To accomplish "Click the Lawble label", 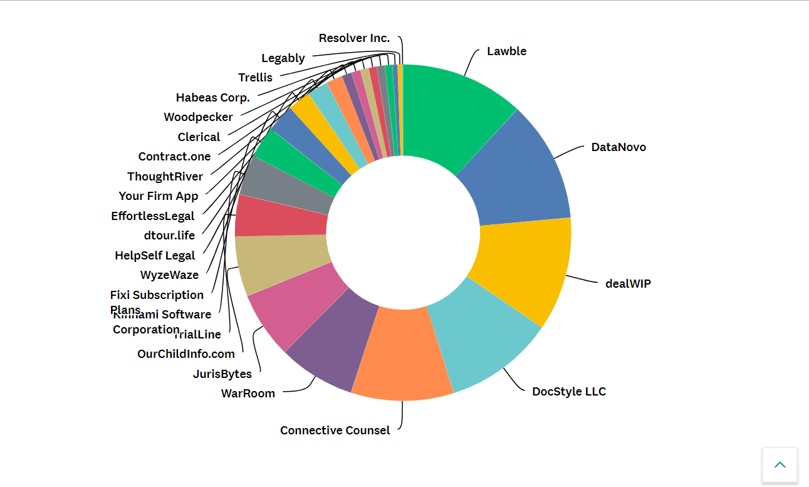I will point(506,51).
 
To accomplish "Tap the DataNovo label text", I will point(618,147).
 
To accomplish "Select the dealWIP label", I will point(628,283).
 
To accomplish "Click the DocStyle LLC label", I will point(569,392).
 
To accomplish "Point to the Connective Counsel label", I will point(335,431).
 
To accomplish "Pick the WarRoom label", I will point(248,394).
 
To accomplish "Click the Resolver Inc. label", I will point(354,38).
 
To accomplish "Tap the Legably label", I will point(283,58).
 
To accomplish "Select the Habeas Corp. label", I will point(213,98).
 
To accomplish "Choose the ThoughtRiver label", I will point(165,177).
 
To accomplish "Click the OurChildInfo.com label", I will point(186,354).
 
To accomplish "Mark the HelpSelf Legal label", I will point(155,256).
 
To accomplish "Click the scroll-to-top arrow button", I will point(780,465).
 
